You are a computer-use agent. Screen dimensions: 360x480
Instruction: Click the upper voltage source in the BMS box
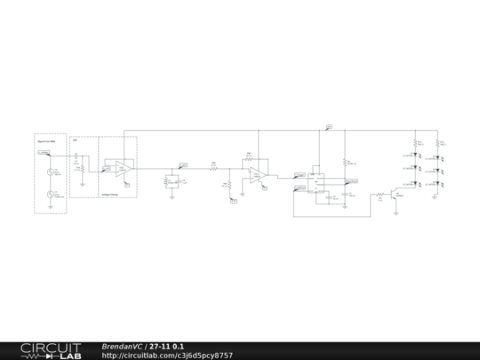point(50,172)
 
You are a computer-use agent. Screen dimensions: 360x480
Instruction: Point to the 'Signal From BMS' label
point(46,141)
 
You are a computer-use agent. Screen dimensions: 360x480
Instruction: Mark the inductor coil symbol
point(167,181)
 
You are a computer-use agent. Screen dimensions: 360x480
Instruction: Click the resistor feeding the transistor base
point(377,192)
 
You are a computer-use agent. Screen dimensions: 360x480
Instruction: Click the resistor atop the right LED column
point(439,142)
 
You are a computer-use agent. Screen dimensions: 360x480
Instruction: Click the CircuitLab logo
point(42,350)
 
